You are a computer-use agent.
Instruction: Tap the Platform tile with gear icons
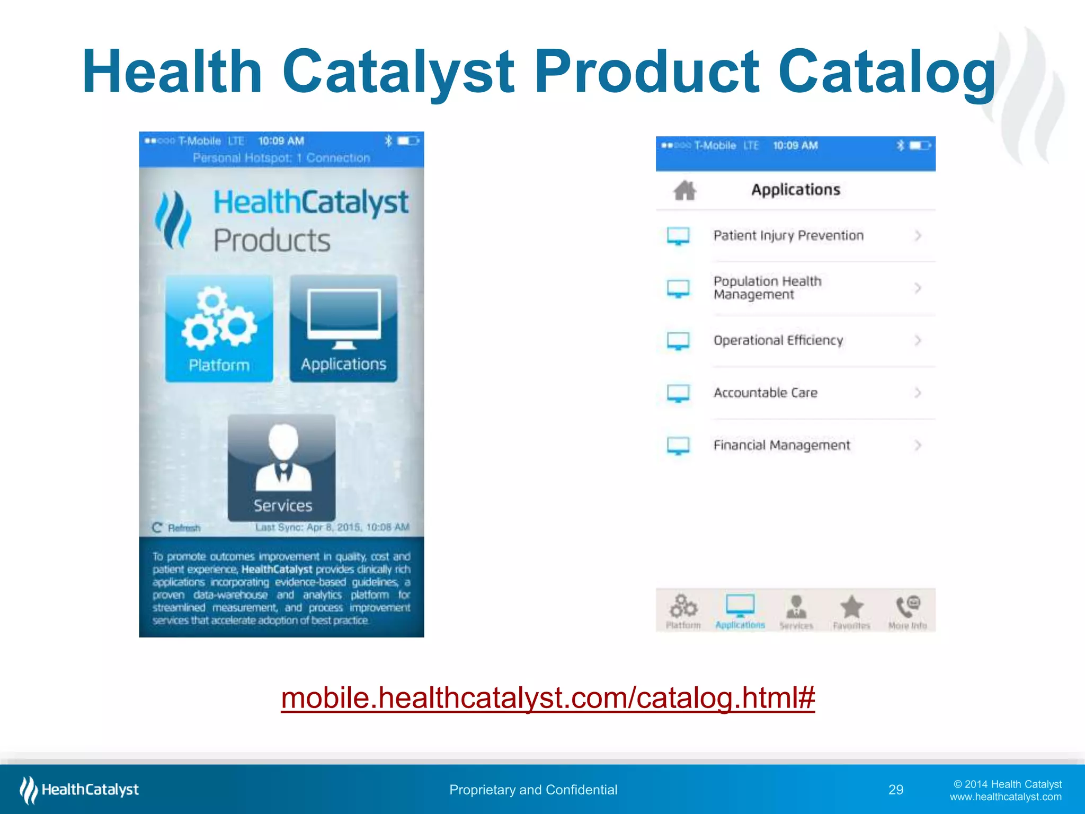(x=219, y=328)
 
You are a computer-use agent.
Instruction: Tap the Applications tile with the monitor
(x=343, y=328)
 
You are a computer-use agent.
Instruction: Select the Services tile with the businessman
(x=282, y=467)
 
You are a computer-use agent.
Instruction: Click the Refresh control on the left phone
(x=177, y=528)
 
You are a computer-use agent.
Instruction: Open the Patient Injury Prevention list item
(x=788, y=235)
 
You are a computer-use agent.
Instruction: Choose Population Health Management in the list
(x=767, y=288)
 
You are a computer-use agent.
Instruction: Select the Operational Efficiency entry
(x=778, y=340)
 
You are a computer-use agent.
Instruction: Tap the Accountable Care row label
(x=765, y=393)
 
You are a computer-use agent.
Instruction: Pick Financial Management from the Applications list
(x=781, y=445)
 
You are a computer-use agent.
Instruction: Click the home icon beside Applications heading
(x=684, y=190)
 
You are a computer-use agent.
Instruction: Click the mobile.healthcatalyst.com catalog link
(x=548, y=698)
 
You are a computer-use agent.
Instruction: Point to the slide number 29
(x=896, y=790)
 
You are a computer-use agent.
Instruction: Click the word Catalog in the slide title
(x=886, y=72)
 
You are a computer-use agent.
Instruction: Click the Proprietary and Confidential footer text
(x=533, y=790)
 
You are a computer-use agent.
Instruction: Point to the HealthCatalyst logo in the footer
(x=79, y=790)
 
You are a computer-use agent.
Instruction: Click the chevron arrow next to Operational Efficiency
(x=918, y=340)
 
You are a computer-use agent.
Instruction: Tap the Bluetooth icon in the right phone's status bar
(x=900, y=145)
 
